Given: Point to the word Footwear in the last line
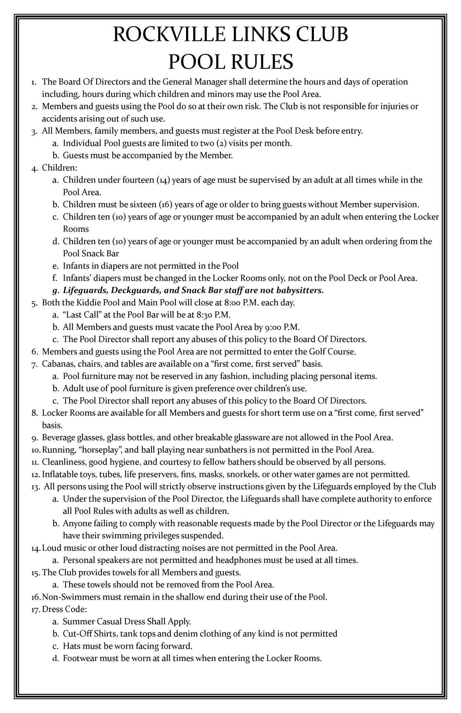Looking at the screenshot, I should [80, 658].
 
